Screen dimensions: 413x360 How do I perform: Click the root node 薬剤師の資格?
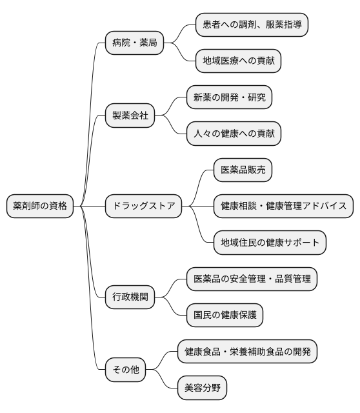(x=39, y=206)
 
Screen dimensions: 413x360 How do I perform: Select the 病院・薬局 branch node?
(x=134, y=43)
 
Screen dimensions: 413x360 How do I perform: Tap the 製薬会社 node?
(x=130, y=116)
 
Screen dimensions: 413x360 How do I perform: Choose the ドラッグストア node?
(x=143, y=206)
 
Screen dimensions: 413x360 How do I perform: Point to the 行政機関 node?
(x=130, y=297)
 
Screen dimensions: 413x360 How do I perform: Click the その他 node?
(x=125, y=370)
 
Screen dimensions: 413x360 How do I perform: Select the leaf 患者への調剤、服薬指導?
(x=252, y=25)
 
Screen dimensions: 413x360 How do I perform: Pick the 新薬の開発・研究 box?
(x=229, y=97)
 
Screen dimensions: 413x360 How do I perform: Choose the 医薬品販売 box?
(x=243, y=170)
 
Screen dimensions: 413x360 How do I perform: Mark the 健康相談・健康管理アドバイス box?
(x=283, y=206)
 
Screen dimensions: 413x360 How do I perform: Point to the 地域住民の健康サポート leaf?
(x=270, y=243)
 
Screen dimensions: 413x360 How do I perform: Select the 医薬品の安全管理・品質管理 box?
(x=252, y=279)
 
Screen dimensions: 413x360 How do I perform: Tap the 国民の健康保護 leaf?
(x=225, y=315)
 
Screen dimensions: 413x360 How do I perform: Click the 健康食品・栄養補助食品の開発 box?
(x=247, y=352)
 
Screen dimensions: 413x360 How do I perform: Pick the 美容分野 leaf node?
(x=202, y=388)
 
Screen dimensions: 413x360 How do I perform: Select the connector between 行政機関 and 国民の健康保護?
(x=170, y=308)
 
